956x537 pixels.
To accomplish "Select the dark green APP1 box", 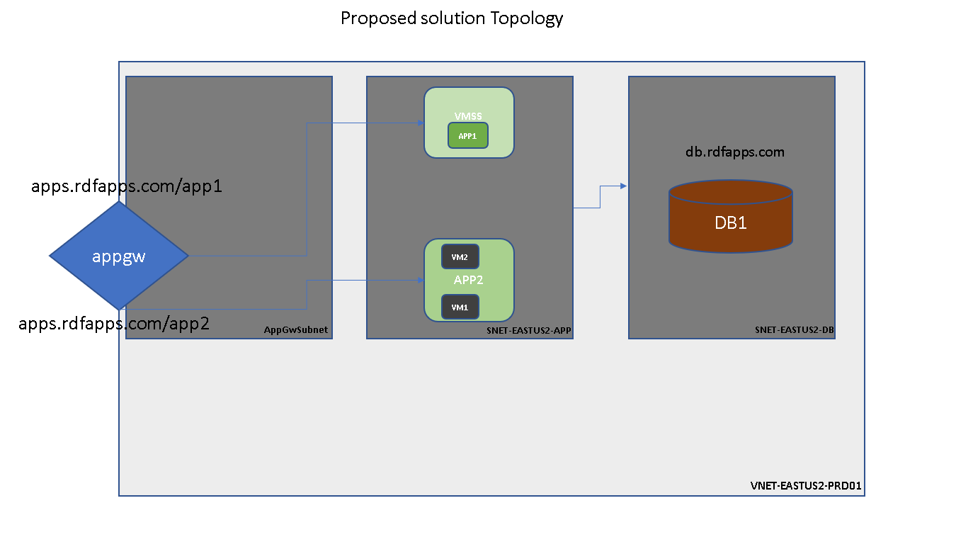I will point(467,135).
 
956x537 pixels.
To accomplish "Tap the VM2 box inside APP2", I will point(460,256).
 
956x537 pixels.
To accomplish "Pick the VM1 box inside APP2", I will point(460,307).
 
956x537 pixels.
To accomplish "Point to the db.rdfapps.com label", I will point(734,152).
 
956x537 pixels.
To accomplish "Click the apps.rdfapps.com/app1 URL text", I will point(127,187).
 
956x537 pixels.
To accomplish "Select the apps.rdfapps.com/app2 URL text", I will point(114,324).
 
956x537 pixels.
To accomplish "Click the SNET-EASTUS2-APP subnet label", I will point(528,331).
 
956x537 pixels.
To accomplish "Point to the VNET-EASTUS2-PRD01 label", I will point(805,487).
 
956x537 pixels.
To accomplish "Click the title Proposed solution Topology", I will point(451,18).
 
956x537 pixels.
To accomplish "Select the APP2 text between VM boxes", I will point(468,280).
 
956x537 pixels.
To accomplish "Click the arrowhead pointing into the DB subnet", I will point(623,186).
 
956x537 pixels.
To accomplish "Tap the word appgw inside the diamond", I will point(118,256).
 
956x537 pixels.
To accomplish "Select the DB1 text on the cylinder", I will point(730,222).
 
